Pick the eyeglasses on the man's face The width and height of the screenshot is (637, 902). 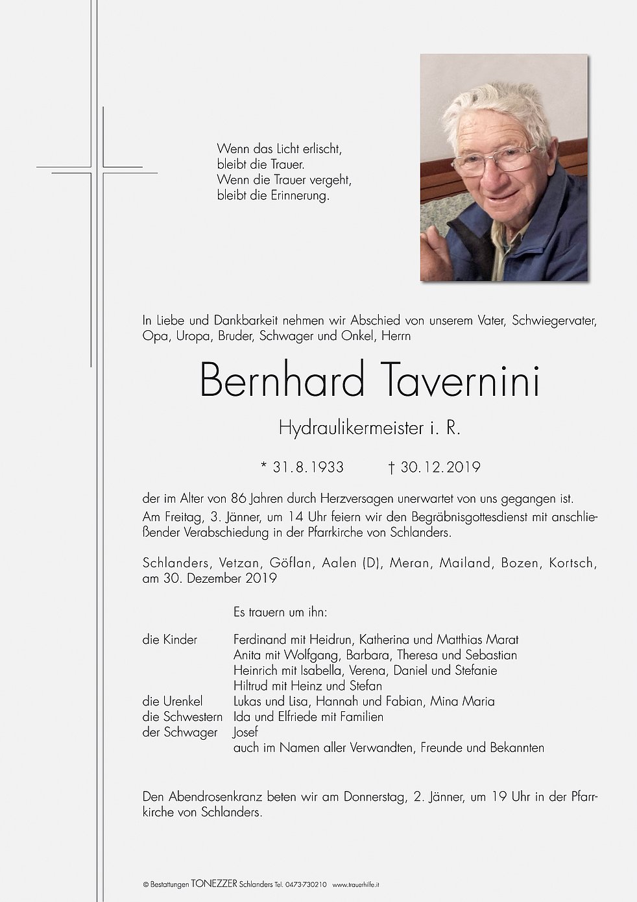tap(496, 159)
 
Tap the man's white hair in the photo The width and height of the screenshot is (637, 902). tap(499, 104)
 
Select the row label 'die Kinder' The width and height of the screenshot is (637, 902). tap(170, 640)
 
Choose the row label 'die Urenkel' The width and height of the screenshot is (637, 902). tap(173, 701)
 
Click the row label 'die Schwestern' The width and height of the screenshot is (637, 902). tap(182, 717)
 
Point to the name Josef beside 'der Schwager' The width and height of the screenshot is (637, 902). tap(245, 733)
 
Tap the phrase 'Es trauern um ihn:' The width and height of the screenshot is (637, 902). tap(280, 612)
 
